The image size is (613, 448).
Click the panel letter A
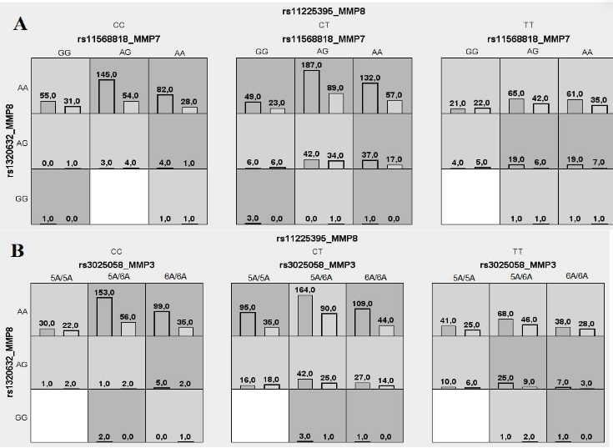[21, 23]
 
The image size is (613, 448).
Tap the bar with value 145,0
[106, 95]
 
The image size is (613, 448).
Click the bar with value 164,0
[306, 315]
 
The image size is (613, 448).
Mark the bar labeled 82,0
[166, 103]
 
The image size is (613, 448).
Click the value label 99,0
[161, 307]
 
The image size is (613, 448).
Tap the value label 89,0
[335, 88]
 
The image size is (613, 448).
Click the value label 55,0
[48, 96]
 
